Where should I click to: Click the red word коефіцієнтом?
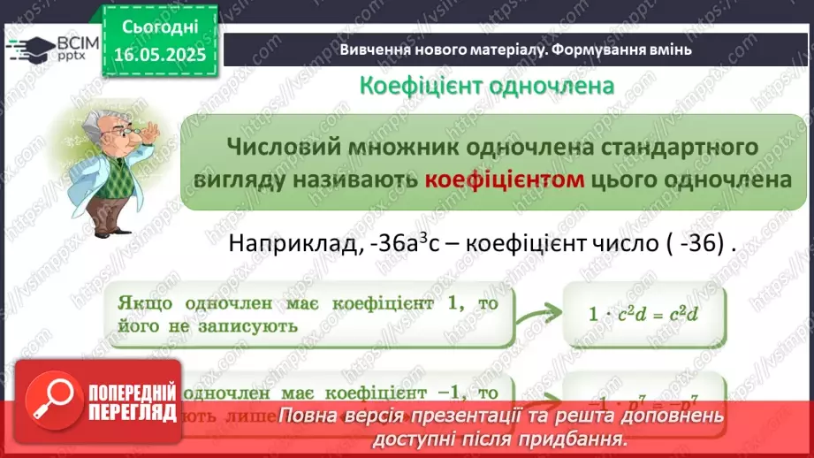(x=506, y=179)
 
